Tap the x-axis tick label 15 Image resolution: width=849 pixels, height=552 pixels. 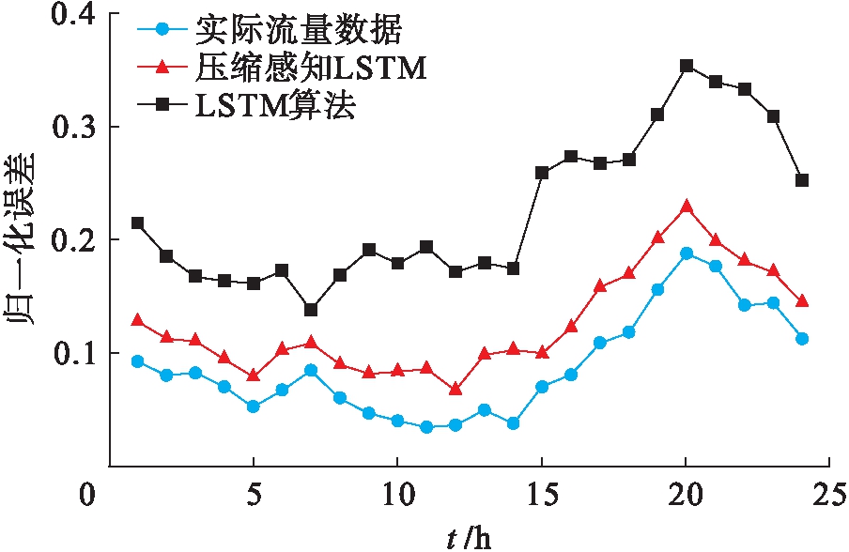(540, 493)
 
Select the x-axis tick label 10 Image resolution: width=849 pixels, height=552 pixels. (396, 493)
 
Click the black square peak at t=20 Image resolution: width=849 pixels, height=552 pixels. (687, 66)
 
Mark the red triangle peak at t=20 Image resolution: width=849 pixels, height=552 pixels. (687, 206)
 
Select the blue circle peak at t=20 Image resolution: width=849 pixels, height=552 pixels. (687, 253)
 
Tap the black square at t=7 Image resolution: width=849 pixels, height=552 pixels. (311, 310)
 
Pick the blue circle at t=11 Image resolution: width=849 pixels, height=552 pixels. (426, 427)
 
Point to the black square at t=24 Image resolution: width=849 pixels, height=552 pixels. (802, 180)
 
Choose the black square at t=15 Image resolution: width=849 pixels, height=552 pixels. (542, 173)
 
